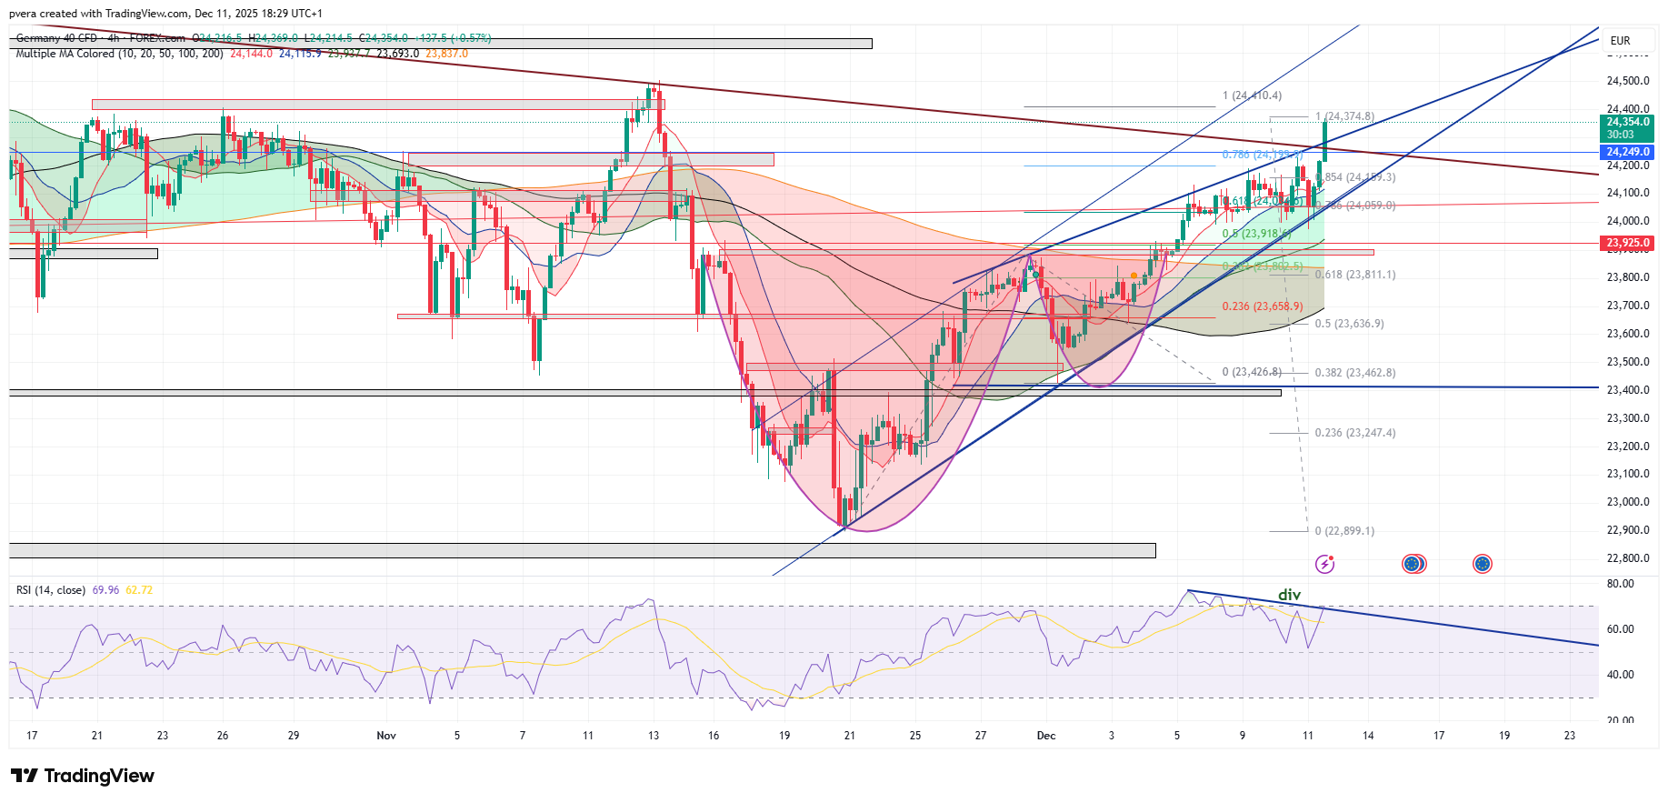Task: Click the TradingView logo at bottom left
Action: [83, 776]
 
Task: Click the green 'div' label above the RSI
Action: [1289, 595]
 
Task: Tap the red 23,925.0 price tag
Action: [1627, 243]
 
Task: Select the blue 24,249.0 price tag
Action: [1627, 152]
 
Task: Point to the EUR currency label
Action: [1620, 41]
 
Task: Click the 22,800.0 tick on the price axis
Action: [1627, 558]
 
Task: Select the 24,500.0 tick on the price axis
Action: [1627, 81]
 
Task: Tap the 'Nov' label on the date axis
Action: [386, 736]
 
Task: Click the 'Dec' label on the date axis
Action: [1046, 736]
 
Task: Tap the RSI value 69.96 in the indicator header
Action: [105, 590]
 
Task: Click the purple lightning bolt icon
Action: [1325, 564]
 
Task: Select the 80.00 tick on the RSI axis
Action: [1620, 584]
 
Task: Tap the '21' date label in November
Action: [849, 736]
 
